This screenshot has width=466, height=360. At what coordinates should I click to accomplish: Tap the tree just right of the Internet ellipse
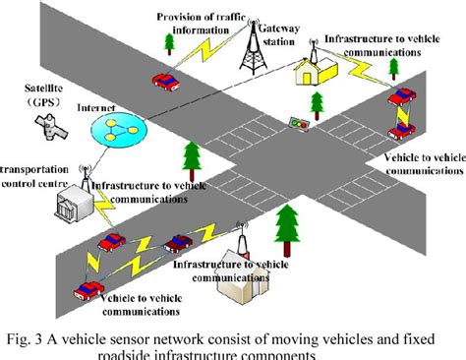click(189, 156)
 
